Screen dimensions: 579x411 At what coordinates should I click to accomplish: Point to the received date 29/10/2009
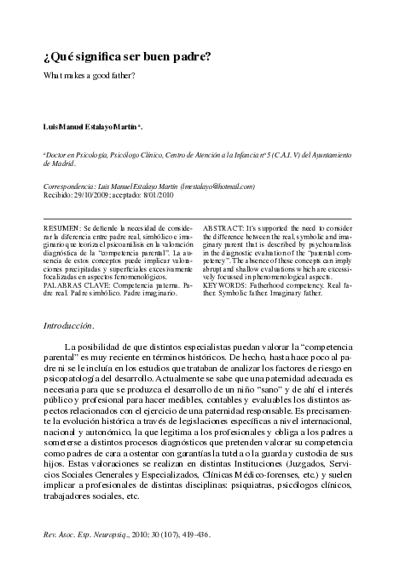coord(92,194)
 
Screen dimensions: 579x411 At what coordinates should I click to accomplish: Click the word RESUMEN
coord(62,229)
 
